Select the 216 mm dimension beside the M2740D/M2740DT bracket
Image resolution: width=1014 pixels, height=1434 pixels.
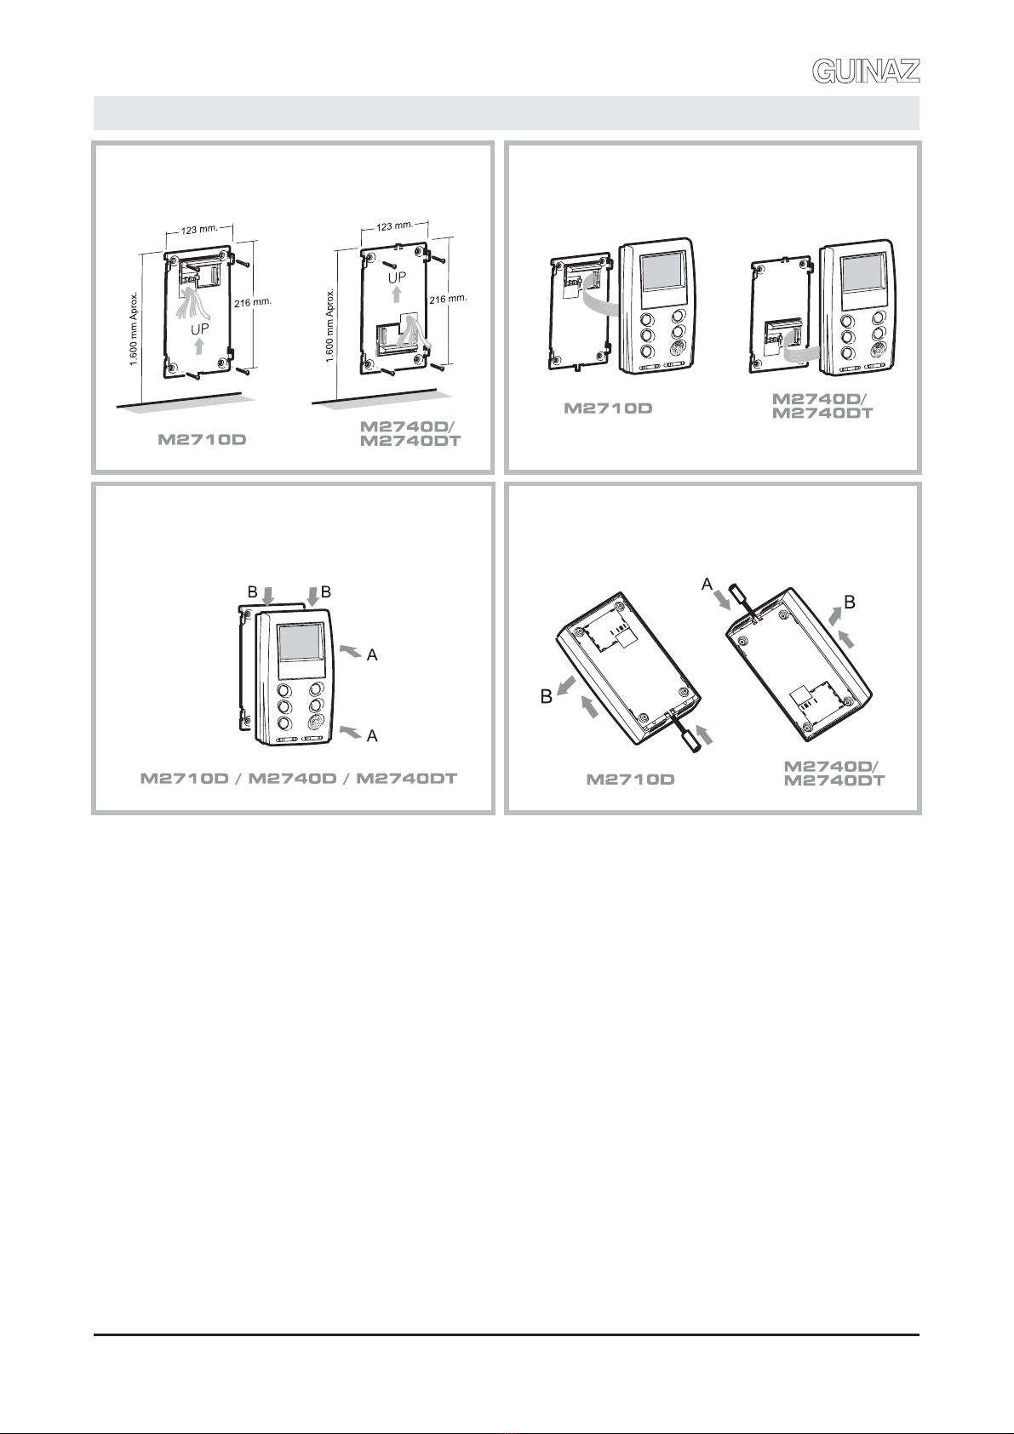(x=449, y=300)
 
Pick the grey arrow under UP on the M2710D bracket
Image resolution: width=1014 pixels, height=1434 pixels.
(x=199, y=346)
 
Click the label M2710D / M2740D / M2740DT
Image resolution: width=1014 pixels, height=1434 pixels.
(x=298, y=778)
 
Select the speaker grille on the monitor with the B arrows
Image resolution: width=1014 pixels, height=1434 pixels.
(x=316, y=723)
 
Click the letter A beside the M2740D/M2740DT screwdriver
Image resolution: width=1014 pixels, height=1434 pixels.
(x=707, y=583)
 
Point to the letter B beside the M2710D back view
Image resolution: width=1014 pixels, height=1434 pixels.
(x=547, y=697)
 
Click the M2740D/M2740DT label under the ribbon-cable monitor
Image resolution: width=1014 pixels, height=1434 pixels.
(x=822, y=405)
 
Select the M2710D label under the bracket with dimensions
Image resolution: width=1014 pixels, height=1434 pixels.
(x=203, y=441)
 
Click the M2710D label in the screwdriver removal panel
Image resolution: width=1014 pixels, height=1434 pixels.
(x=630, y=779)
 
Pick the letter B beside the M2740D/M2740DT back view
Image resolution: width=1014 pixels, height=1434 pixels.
(x=849, y=603)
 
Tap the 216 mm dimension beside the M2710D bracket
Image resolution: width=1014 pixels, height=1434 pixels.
(x=252, y=305)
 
